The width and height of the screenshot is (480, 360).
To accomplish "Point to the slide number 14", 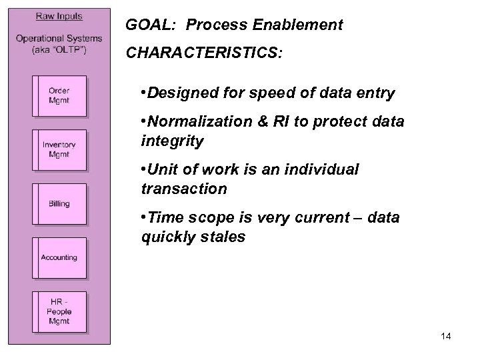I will [445, 337].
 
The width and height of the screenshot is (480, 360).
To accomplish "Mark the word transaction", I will [184, 189].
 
